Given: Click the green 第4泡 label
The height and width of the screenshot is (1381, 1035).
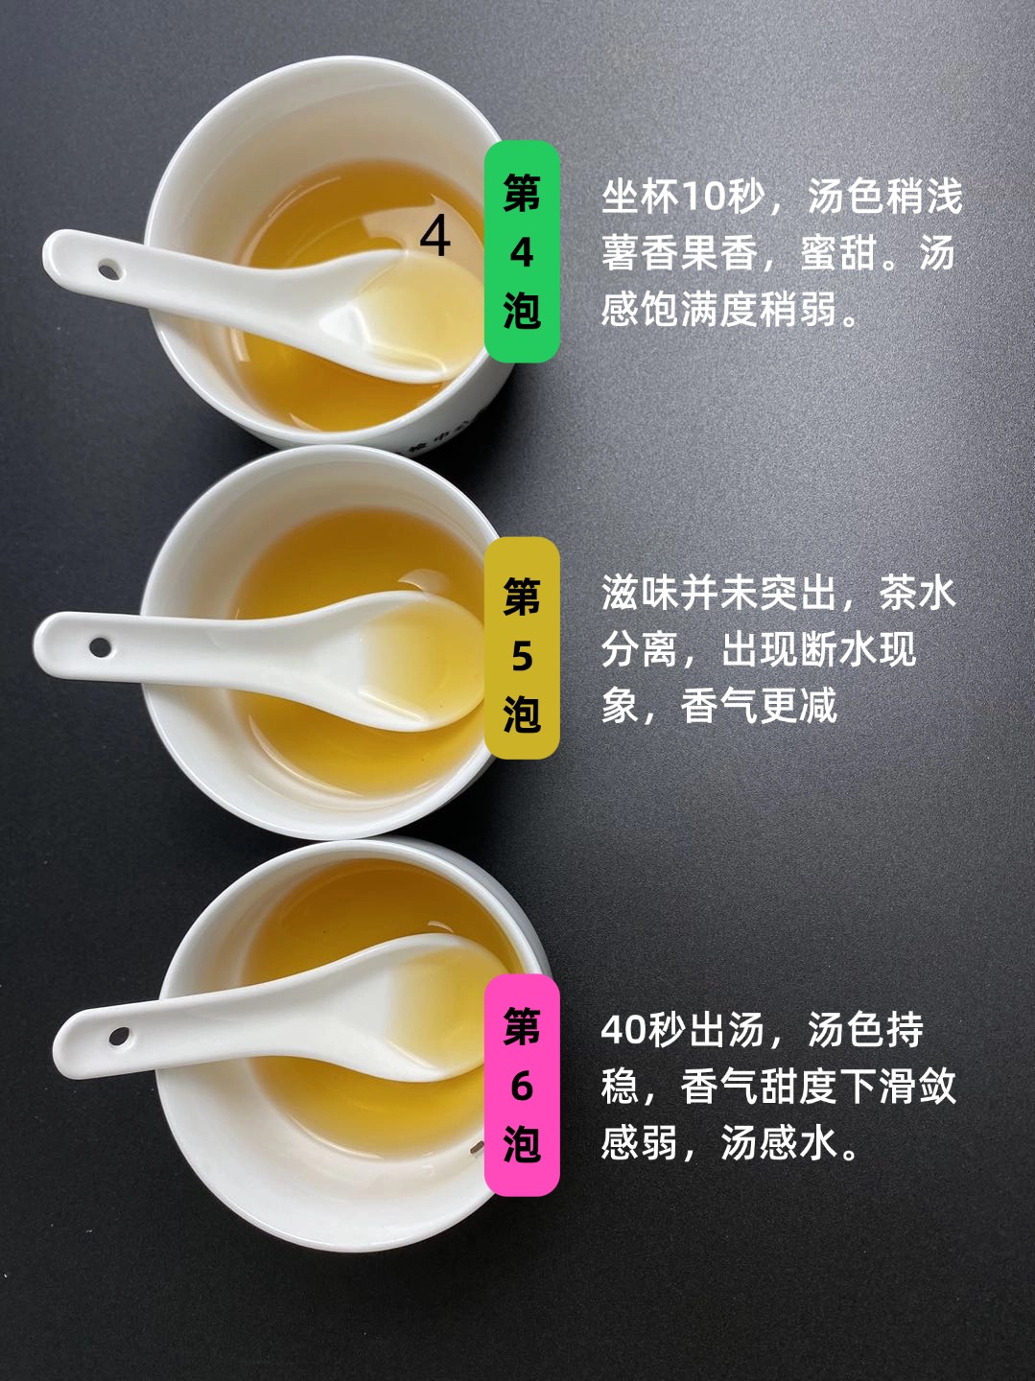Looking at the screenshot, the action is coord(522,251).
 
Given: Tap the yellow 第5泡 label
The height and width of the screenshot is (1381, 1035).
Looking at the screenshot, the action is coord(522,648).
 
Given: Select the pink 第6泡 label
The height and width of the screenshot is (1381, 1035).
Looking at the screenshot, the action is coord(522,1085).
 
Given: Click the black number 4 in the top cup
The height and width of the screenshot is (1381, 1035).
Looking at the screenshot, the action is coord(435,237).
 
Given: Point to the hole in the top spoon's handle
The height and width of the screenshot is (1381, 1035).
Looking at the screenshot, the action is coord(107,271).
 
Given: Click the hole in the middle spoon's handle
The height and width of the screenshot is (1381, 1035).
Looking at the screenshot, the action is coord(100,646).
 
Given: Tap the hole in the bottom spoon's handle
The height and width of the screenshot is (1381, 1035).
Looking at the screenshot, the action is coord(119,1035).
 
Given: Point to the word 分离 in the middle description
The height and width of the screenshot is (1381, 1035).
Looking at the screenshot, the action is coord(639,649).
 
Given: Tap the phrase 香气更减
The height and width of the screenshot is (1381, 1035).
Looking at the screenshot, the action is coord(759,706).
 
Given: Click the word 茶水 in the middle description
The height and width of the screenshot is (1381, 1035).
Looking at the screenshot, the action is coord(917,593).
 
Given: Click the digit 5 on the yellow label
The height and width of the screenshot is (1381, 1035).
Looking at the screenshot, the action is coord(522,655).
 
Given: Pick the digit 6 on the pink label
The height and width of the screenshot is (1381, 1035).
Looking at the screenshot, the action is coord(522,1087).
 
